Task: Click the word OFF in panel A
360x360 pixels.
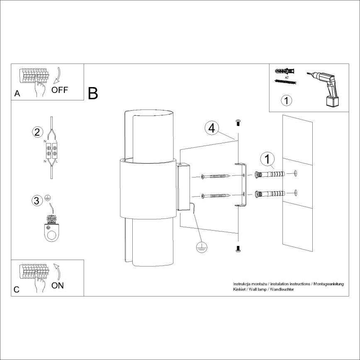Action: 60,90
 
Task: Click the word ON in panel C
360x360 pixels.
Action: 58,285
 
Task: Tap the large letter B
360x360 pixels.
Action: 93,93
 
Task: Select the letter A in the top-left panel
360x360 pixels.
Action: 17,94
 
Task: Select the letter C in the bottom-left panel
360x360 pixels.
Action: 17,289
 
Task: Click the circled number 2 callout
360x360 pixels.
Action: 37,132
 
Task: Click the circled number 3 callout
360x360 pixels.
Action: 37,200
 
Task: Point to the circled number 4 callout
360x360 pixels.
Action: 212,128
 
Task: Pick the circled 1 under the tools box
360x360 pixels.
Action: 286,101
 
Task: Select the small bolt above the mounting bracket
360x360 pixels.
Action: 238,122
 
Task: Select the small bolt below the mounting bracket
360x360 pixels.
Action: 238,248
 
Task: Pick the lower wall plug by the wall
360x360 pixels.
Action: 270,193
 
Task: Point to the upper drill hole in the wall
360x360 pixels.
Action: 295,173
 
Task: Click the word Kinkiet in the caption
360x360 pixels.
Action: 240,289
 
